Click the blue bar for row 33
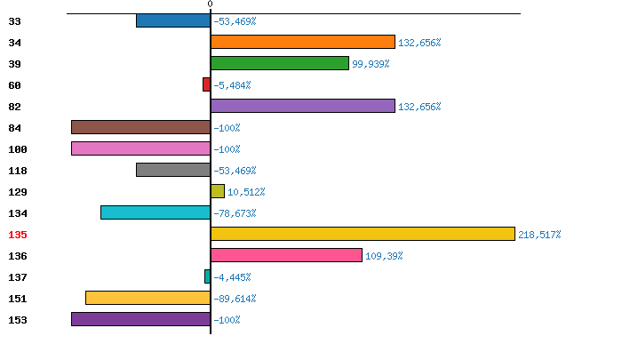click(x=173, y=20)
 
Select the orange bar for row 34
click(x=303, y=42)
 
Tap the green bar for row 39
click(x=280, y=63)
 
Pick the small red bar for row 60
click(x=207, y=84)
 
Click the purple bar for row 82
click(x=303, y=106)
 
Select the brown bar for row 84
click(x=140, y=127)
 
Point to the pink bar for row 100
click(x=140, y=148)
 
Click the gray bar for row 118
click(x=173, y=170)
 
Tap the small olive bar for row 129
click(x=218, y=191)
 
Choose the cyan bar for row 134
click(x=155, y=212)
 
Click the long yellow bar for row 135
click(x=363, y=234)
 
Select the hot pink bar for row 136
click(x=286, y=255)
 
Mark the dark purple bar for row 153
click(x=140, y=319)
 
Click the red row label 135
click(x=18, y=235)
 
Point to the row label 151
click(x=18, y=299)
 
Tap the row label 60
click(x=14, y=85)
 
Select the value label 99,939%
click(x=371, y=64)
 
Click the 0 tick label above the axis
click(x=211, y=4)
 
